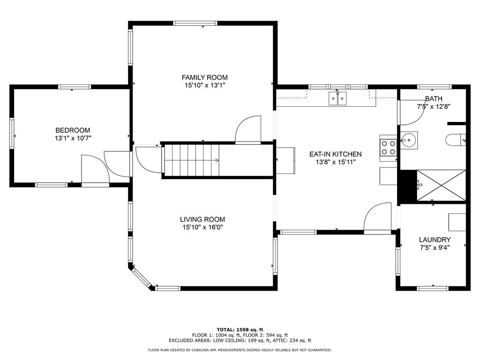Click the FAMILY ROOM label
point(204,77)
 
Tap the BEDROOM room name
point(73,130)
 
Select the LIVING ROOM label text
point(202,219)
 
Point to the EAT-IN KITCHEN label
point(335,154)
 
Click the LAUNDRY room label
point(435,240)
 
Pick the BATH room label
point(434,99)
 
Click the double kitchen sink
point(337,98)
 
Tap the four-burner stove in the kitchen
point(388,148)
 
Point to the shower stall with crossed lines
point(441,185)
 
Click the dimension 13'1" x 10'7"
point(73,138)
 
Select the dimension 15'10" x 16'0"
point(202,227)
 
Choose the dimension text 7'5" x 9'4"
point(435,247)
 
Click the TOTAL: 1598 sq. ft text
point(240,330)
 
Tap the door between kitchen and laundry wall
point(378,217)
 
